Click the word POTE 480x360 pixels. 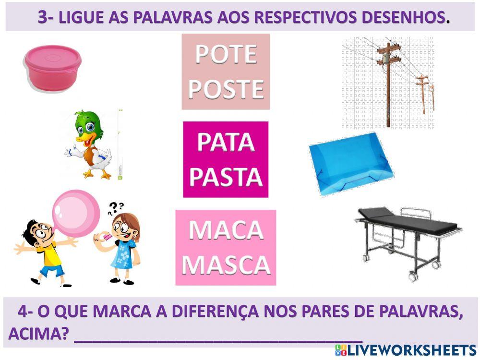click(x=226, y=54)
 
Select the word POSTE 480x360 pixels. click(x=226, y=89)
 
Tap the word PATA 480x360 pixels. click(x=226, y=142)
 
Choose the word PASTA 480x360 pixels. click(x=226, y=176)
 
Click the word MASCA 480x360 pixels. click(x=226, y=264)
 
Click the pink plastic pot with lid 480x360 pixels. click(x=53, y=66)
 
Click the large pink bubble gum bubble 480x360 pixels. click(x=75, y=213)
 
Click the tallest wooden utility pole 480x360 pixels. click(x=387, y=82)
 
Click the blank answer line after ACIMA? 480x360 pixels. click(x=218, y=335)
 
